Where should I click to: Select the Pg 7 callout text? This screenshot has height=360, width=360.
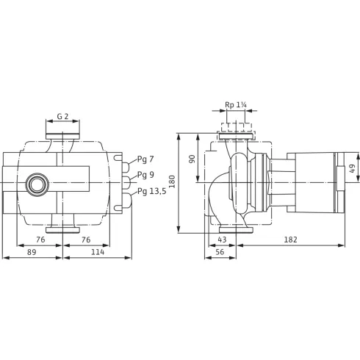(146, 160)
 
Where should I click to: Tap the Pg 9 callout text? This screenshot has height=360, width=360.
(146, 176)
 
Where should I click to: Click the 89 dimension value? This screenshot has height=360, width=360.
(32, 251)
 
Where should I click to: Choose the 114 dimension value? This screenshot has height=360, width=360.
(97, 251)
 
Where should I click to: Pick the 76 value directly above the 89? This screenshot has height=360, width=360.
(41, 240)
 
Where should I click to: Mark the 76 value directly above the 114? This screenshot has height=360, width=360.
(85, 240)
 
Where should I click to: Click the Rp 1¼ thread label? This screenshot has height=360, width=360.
(236, 105)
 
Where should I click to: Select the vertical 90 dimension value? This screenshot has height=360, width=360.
(192, 157)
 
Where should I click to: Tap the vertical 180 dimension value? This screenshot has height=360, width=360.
(173, 181)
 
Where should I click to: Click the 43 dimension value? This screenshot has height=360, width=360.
(223, 240)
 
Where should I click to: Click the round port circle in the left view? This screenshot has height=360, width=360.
(35, 184)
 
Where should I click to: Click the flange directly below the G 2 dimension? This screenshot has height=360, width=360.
(62, 135)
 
